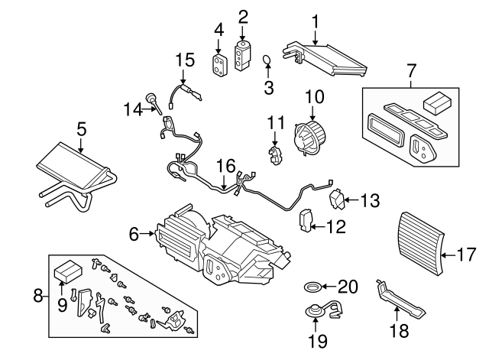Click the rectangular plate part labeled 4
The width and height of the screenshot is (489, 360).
pyautogui.click(x=220, y=64)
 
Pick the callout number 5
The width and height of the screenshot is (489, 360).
pyautogui.click(x=82, y=129)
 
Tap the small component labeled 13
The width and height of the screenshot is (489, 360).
pyautogui.click(x=337, y=200)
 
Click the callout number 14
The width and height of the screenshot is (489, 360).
pyautogui.click(x=133, y=109)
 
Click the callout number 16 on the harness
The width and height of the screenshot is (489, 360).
pyautogui.click(x=224, y=164)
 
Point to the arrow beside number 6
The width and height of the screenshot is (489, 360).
pyautogui.click(x=151, y=235)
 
